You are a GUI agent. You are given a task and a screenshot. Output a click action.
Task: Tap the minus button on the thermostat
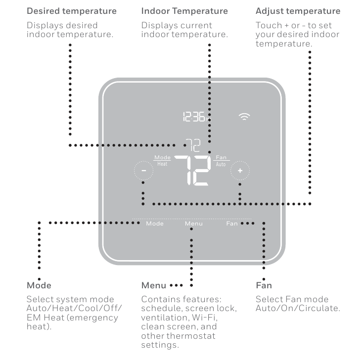click(x=143, y=171)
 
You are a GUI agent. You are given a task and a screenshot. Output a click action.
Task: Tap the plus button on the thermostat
click(x=240, y=171)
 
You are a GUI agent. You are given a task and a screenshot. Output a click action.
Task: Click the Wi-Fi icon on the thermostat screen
click(x=244, y=117)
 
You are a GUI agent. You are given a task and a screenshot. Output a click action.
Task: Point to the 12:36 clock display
click(x=196, y=117)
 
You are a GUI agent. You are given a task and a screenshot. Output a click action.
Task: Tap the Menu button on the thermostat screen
click(x=194, y=224)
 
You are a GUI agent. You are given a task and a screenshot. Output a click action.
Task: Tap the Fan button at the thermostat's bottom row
click(x=232, y=224)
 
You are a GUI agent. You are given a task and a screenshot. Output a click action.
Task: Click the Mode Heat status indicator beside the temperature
click(x=162, y=160)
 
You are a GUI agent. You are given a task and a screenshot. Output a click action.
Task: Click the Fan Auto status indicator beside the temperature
click(x=221, y=160)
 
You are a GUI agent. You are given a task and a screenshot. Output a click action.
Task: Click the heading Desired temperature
click(x=71, y=11)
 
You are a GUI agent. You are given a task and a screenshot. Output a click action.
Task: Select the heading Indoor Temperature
click(x=184, y=11)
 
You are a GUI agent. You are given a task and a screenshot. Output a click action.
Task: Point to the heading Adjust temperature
click(x=298, y=11)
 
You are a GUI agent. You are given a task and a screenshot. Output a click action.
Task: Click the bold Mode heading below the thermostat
click(x=39, y=285)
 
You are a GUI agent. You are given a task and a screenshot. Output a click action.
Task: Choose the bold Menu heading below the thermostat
click(x=154, y=285)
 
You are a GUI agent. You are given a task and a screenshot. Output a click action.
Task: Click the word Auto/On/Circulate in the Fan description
click(x=298, y=309)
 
